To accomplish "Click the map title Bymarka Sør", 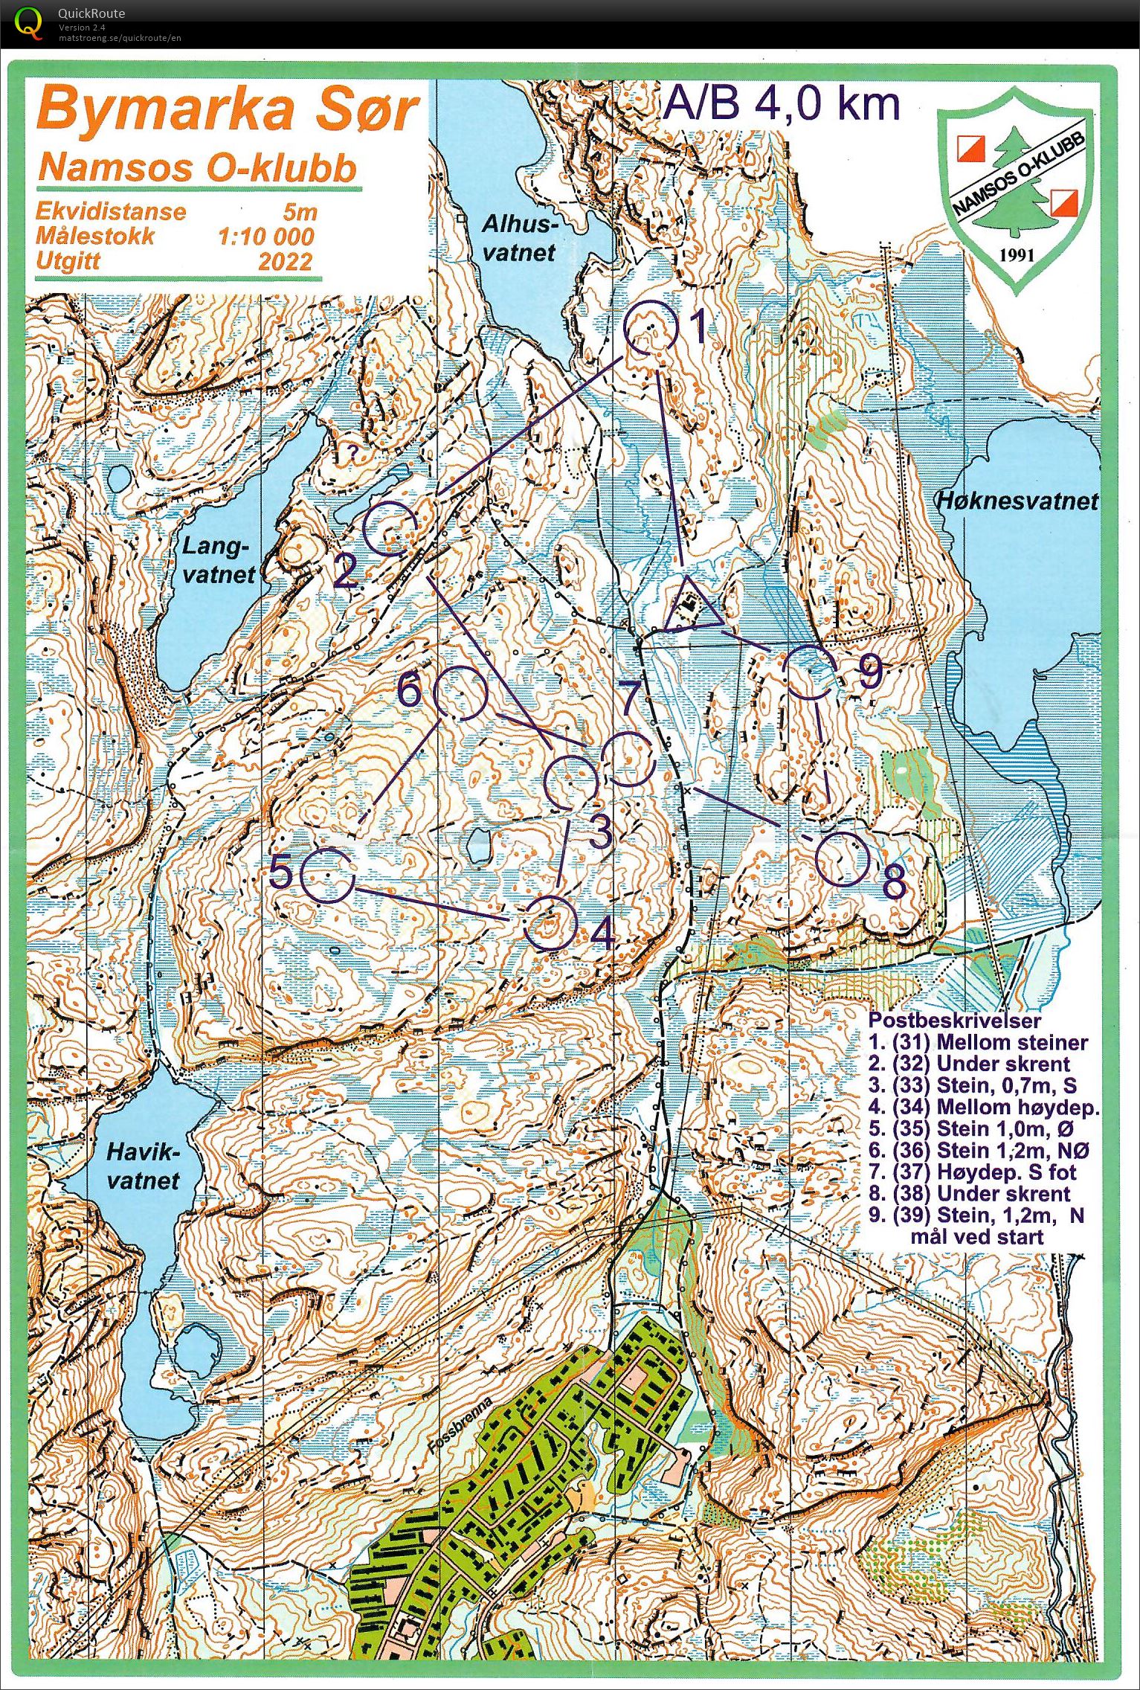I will (x=227, y=110).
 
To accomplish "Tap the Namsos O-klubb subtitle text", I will (x=198, y=168).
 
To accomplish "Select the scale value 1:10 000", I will (x=265, y=237).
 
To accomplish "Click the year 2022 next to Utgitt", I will (x=286, y=262).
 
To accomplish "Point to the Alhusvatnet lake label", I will (x=519, y=238).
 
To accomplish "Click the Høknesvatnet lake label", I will (x=1016, y=501).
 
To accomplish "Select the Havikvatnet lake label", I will (x=143, y=1166).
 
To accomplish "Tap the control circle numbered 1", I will (x=651, y=328).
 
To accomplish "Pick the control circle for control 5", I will (x=328, y=875).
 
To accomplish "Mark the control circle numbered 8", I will (x=842, y=859).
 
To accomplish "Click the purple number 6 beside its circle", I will (x=410, y=691).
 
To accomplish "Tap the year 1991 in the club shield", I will (x=1016, y=255).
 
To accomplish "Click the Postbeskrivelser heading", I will (x=955, y=1021).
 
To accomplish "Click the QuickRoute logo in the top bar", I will (x=28, y=22).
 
